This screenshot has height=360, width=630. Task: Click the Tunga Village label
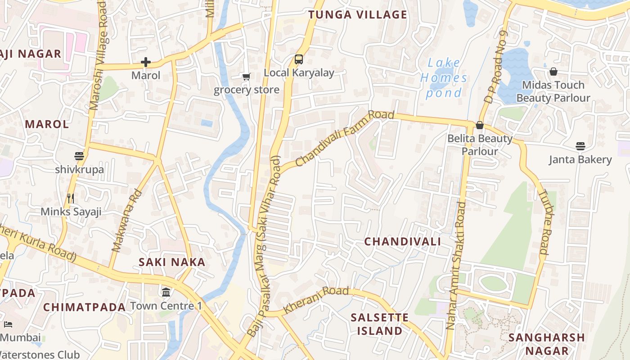tap(358, 14)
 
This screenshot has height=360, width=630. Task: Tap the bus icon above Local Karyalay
tap(299, 59)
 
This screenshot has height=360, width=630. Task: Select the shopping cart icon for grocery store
tap(246, 76)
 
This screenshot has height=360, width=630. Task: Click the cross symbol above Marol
tap(146, 62)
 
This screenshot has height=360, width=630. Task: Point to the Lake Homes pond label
tap(444, 78)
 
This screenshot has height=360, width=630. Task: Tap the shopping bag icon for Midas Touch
tap(553, 72)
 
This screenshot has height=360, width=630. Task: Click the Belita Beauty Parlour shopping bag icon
tap(480, 125)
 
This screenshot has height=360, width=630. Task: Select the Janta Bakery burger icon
tap(580, 146)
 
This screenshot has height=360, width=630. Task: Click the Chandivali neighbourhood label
tap(402, 242)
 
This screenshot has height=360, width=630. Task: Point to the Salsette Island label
tap(380, 324)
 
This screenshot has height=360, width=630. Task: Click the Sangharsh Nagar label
tap(546, 344)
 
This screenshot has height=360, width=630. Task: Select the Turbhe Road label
tap(545, 222)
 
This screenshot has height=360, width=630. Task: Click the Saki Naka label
tap(172, 262)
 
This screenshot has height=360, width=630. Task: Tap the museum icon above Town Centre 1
tap(166, 292)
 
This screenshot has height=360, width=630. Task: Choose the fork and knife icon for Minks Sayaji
tap(70, 198)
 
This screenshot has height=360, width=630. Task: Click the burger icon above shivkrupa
tap(79, 156)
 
